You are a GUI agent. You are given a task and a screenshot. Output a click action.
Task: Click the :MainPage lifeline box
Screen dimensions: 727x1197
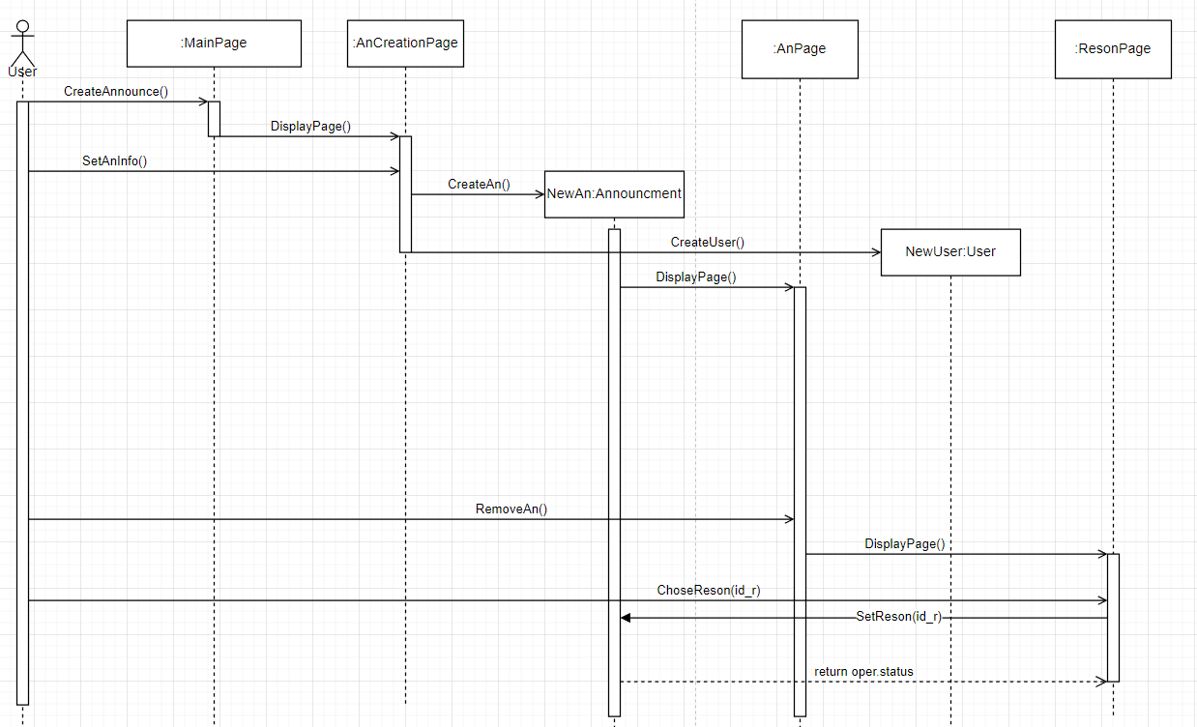click(214, 44)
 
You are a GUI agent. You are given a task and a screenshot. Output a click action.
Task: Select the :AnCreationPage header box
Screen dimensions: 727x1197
click(405, 44)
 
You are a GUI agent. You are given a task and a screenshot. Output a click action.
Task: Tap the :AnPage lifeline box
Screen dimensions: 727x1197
click(800, 49)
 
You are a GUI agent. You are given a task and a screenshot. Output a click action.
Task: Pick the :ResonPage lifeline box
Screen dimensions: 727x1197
click(1113, 49)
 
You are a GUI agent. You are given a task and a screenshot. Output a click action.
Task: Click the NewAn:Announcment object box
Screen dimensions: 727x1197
click(614, 193)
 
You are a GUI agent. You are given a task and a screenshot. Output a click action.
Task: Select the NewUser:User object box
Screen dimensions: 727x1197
click(950, 251)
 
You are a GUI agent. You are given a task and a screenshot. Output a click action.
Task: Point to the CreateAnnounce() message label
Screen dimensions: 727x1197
click(116, 92)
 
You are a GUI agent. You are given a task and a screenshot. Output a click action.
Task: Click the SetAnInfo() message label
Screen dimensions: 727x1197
click(114, 161)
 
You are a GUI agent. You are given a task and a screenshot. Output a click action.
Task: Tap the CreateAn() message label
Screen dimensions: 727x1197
click(479, 184)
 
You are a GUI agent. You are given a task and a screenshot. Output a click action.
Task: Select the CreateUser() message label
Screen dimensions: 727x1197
click(707, 242)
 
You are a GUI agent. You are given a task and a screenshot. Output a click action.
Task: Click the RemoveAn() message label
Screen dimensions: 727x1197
click(511, 509)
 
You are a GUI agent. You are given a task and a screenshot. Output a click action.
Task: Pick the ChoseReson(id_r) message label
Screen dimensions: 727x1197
click(708, 590)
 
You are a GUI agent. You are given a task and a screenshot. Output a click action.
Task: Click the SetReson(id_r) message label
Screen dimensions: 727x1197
click(898, 616)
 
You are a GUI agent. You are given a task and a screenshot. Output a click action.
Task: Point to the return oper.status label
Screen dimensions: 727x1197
click(863, 671)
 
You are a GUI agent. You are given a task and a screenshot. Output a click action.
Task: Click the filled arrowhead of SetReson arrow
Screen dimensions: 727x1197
click(626, 618)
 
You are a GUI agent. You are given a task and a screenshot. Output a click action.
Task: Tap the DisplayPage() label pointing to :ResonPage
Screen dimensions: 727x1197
click(904, 544)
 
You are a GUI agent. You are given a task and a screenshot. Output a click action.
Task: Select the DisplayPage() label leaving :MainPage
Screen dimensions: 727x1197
click(310, 126)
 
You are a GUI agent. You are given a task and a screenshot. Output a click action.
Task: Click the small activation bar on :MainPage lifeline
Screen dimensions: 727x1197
click(214, 118)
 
